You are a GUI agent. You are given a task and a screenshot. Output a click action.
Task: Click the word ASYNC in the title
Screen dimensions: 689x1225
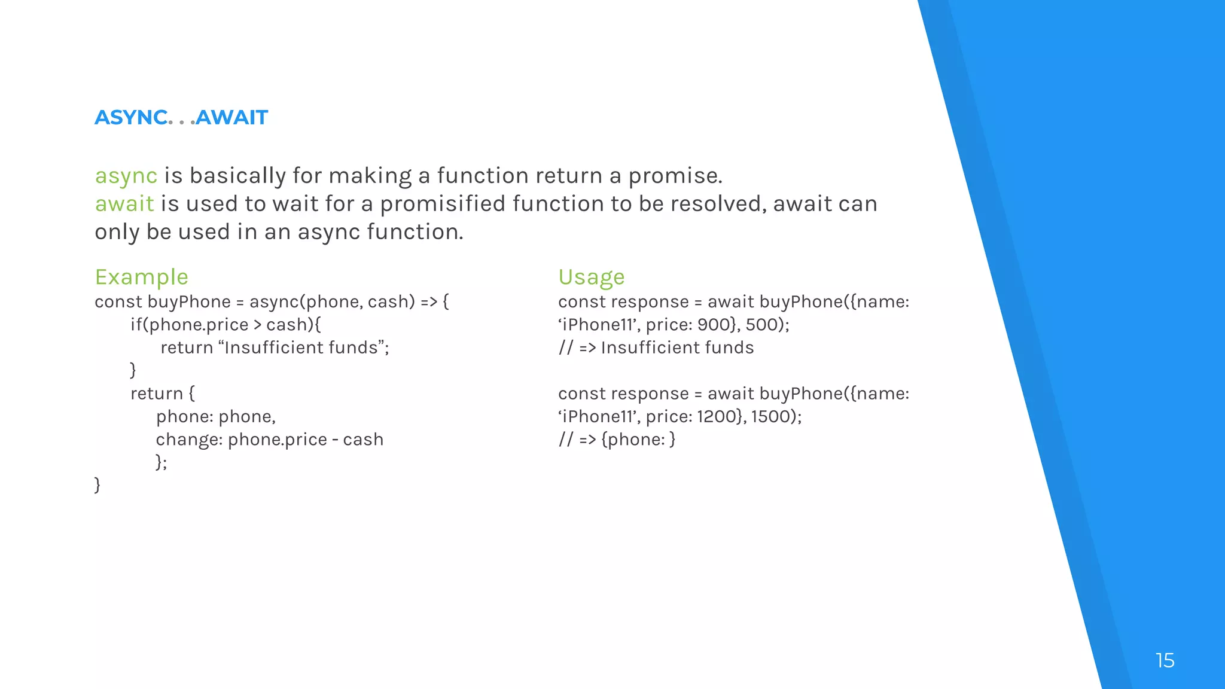pos(131,117)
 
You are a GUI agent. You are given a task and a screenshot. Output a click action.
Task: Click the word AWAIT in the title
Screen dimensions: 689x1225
pos(232,117)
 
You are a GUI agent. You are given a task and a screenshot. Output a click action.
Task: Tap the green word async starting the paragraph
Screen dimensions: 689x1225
pos(126,176)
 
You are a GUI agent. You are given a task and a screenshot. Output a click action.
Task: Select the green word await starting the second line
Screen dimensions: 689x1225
pos(124,204)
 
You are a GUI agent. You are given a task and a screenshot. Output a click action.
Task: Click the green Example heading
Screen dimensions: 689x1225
pos(141,277)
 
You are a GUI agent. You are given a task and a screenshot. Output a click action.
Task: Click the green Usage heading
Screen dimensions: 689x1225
pos(591,277)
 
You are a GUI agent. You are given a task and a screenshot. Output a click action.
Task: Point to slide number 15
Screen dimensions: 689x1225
pos(1165,660)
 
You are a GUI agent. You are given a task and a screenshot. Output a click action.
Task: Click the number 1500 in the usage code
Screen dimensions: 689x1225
pos(772,416)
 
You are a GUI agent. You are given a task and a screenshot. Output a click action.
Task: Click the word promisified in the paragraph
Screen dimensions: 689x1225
pos(443,204)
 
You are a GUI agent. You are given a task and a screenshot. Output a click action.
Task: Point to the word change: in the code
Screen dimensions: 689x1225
pos(189,440)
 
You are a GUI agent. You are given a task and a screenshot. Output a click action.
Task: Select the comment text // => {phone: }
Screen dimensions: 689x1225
pos(617,440)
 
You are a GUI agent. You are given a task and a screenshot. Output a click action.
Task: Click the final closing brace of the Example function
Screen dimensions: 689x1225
pos(97,484)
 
